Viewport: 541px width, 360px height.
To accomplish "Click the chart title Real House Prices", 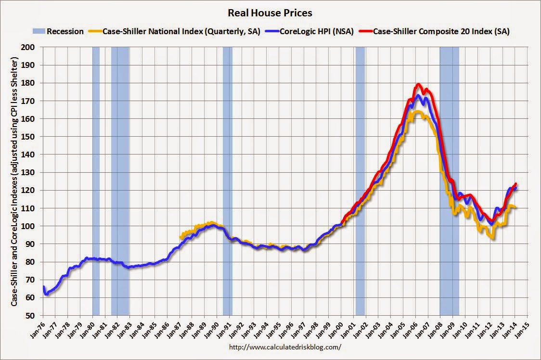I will (270, 13).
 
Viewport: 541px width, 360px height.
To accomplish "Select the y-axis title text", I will (14, 181).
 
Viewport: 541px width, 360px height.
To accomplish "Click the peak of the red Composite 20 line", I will (418, 84).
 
